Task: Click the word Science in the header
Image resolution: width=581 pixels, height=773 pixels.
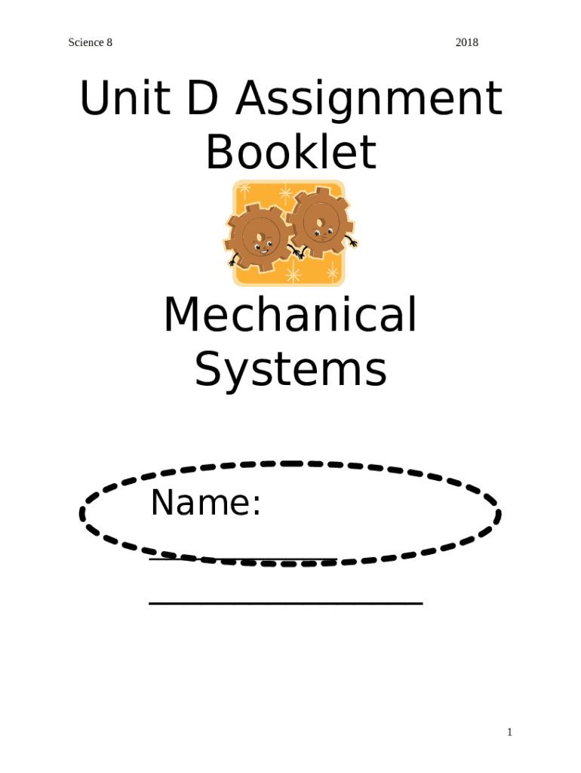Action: (85, 42)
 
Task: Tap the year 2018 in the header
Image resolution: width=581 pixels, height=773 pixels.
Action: (467, 42)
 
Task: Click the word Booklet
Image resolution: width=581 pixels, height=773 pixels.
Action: (290, 152)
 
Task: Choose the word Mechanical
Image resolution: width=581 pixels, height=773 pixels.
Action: (290, 316)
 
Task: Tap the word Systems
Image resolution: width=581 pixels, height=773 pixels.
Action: (290, 371)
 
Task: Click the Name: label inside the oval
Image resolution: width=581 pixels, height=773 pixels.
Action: (205, 504)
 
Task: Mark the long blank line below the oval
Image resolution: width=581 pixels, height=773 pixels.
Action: (285, 602)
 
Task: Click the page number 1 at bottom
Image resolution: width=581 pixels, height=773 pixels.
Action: (509, 732)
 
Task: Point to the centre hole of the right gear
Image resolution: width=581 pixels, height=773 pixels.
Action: (321, 223)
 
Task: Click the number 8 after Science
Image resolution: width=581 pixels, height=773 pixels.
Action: (109, 42)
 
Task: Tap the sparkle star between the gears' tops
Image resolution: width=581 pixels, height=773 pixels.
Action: (285, 193)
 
